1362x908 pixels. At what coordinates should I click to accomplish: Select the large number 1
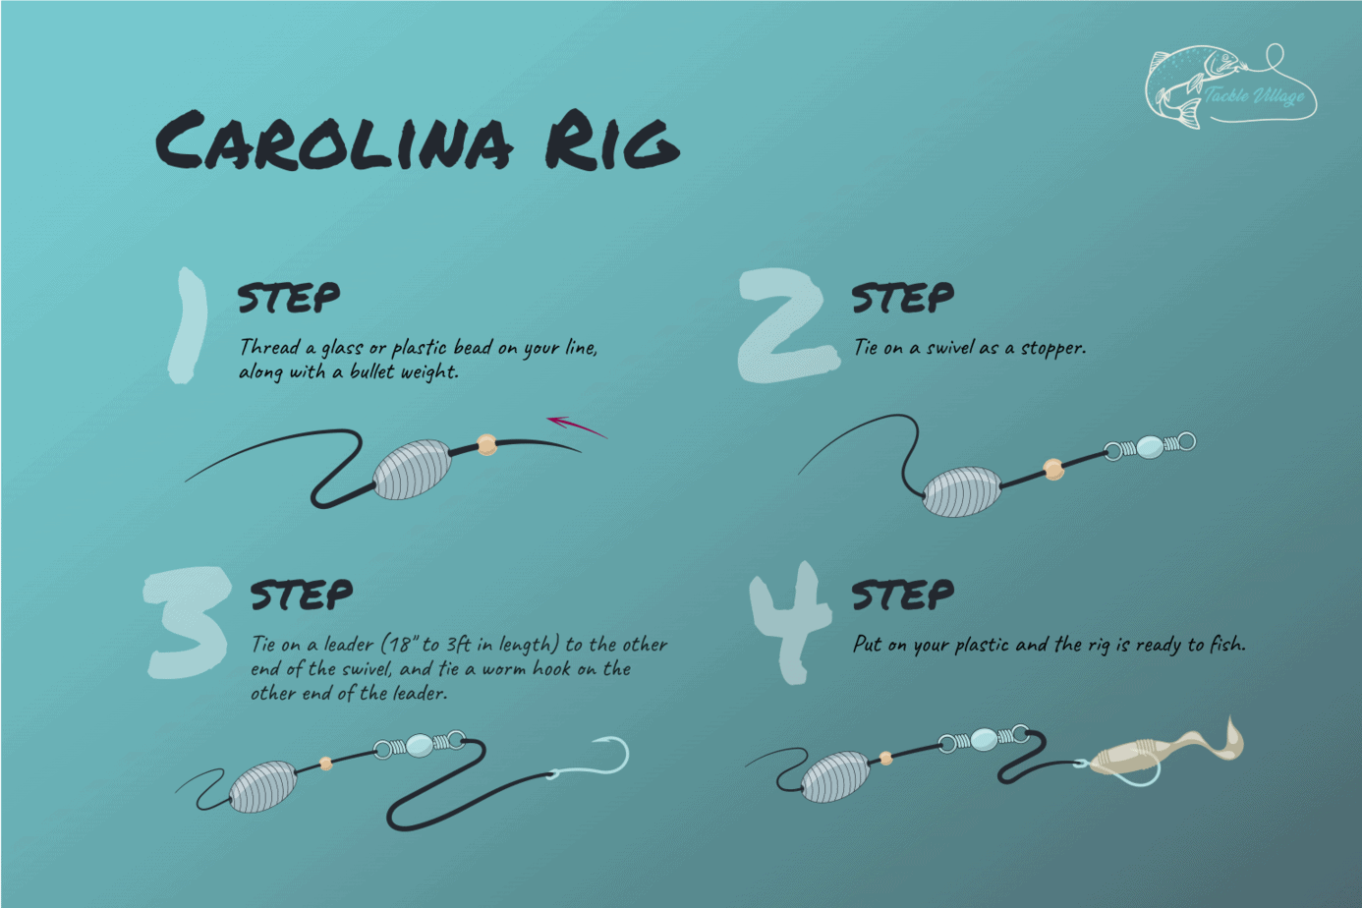188,325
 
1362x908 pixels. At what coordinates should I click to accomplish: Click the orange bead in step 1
486,445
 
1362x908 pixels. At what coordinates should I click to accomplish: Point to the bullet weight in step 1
412,470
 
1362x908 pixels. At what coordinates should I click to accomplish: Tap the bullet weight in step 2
962,491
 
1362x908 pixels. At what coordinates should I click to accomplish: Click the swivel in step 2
1149,447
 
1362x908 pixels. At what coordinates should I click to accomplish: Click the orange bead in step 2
1053,470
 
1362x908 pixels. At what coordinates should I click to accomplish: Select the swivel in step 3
420,745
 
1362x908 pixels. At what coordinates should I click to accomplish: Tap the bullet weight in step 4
835,777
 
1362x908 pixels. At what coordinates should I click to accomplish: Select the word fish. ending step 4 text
1227,645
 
